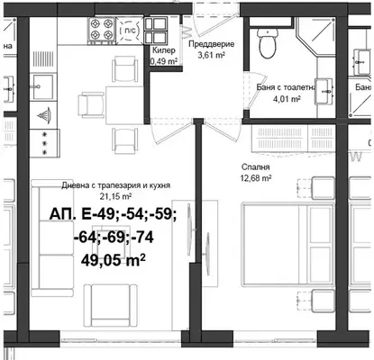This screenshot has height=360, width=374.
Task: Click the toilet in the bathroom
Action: pyautogui.click(x=268, y=43)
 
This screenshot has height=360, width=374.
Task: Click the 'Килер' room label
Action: pyautogui.click(x=164, y=50)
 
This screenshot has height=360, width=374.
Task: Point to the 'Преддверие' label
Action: pyautogui.click(x=211, y=44)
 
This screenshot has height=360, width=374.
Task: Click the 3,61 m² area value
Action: pyautogui.click(x=212, y=55)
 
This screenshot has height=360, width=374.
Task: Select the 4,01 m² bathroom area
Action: pyautogui.click(x=287, y=99)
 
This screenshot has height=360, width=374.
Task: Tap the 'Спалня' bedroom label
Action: pyautogui.click(x=256, y=167)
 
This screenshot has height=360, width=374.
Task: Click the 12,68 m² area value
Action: pyautogui.click(x=256, y=178)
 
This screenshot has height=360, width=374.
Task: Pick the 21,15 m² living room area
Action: pyautogui.click(x=115, y=196)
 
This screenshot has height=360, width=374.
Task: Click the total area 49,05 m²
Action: pyautogui.click(x=114, y=260)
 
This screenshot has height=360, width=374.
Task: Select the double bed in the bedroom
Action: pyautogui.click(x=288, y=244)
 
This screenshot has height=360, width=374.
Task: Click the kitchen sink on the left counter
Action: pyautogui.click(x=43, y=87)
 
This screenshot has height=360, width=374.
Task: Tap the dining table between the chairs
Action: pyautogui.click(x=124, y=105)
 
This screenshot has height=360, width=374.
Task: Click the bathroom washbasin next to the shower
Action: pyautogui.click(x=324, y=91)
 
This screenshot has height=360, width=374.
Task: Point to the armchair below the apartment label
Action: pyautogui.click(x=111, y=305)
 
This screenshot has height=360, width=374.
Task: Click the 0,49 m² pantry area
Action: pyautogui.click(x=164, y=61)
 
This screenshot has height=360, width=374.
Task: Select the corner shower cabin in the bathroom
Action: pyautogui.click(x=316, y=37)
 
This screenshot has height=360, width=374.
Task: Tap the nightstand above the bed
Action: pyautogui.click(x=324, y=188)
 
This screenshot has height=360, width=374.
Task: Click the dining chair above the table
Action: pyautogui.click(x=124, y=69)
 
